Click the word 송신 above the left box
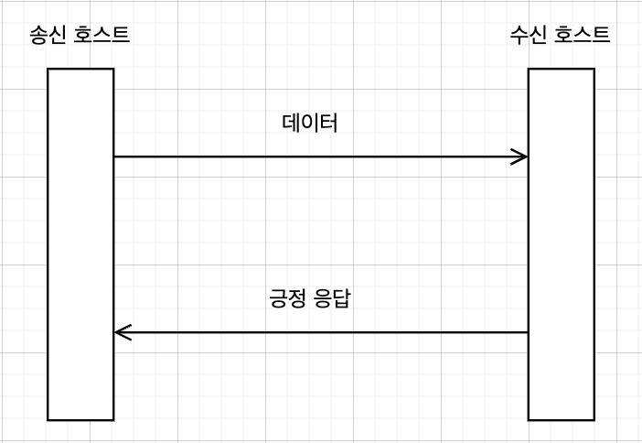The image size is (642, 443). click(x=48, y=36)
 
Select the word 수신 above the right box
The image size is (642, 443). click(x=528, y=36)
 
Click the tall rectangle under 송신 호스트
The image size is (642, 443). click(x=80, y=244)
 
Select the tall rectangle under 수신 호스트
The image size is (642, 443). click(x=561, y=244)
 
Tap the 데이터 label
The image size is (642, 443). click(x=310, y=124)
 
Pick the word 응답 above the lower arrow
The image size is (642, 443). click(x=332, y=300)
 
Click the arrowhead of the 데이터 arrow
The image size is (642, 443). click(x=522, y=157)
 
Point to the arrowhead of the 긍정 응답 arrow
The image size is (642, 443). click(x=120, y=332)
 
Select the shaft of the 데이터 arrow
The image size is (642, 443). click(x=320, y=157)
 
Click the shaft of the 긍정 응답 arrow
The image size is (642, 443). click(x=320, y=332)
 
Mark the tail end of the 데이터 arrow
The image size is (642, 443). click(x=116, y=157)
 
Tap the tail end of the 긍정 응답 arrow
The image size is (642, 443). click(x=526, y=332)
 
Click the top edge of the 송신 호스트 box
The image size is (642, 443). click(x=80, y=69)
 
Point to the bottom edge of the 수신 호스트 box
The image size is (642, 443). click(x=561, y=419)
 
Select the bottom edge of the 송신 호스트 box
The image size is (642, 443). click(x=80, y=419)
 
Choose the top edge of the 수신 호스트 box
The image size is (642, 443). click(x=561, y=69)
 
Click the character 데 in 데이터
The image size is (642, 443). click(x=292, y=124)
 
